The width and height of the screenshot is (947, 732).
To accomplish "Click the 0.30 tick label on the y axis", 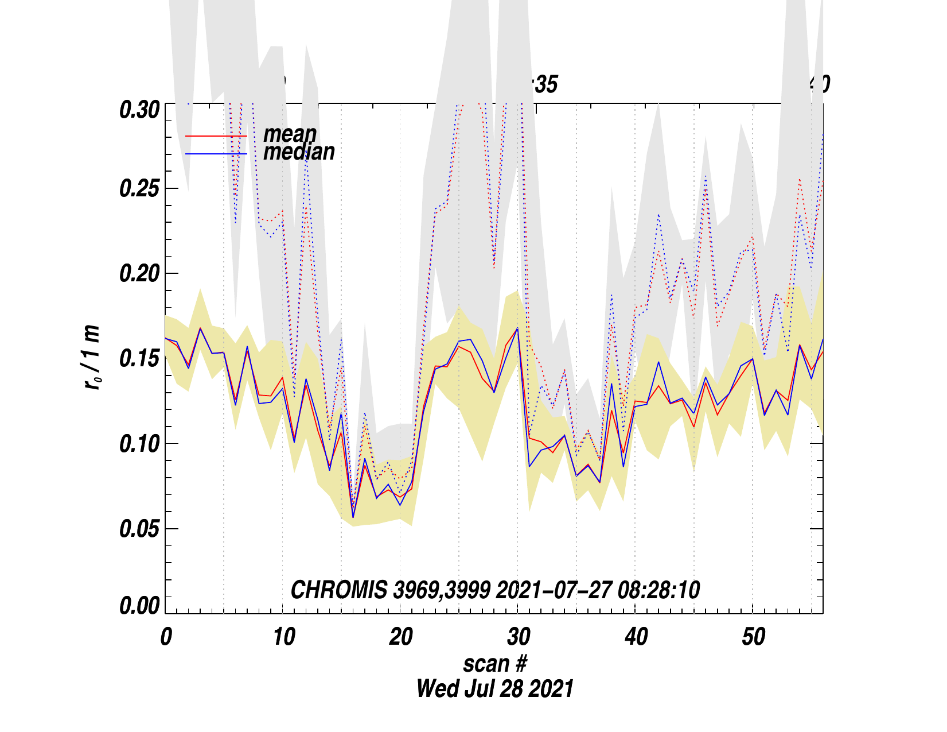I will [x=139, y=110].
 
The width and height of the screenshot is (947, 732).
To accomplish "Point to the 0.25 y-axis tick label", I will [x=139, y=189].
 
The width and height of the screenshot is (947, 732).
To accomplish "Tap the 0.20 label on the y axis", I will [x=139, y=274].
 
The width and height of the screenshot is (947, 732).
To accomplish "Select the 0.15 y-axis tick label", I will [x=139, y=359].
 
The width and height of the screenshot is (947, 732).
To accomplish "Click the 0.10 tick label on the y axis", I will [x=139, y=444].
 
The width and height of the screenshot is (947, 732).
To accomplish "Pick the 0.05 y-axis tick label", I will [x=139, y=529].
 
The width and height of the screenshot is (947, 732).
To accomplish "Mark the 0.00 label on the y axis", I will [x=139, y=606].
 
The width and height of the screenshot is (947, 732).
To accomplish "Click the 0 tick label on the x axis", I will [x=166, y=637].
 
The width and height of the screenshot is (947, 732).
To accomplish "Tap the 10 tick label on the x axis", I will [x=283, y=637].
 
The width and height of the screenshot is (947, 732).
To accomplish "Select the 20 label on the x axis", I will [x=400, y=637].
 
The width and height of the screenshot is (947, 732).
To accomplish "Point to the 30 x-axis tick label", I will [x=518, y=637].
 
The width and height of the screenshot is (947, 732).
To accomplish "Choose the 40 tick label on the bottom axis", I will [x=636, y=637].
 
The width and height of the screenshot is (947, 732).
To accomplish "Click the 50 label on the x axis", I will [x=753, y=637].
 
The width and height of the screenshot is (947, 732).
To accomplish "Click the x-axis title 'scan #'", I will [x=494, y=664].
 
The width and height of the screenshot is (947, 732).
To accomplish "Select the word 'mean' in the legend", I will [x=290, y=134].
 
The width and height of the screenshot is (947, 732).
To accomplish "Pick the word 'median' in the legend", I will [x=299, y=152].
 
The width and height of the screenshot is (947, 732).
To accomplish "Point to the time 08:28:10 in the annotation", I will [x=659, y=590].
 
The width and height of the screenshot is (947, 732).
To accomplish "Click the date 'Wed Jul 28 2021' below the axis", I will [x=494, y=688].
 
